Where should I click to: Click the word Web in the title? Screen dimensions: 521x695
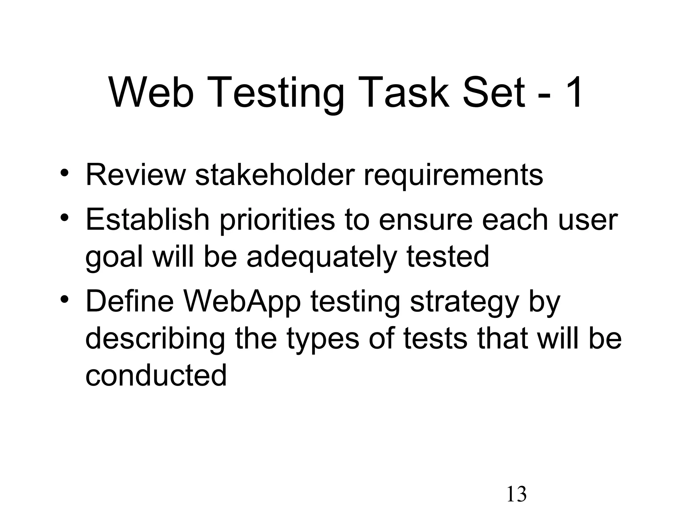pos(151,93)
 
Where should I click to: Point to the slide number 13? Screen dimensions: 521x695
pos(516,494)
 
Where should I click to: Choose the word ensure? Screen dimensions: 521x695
pos(426,220)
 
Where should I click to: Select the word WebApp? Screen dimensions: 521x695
pos(242,302)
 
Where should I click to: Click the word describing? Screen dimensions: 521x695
pos(155,339)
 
